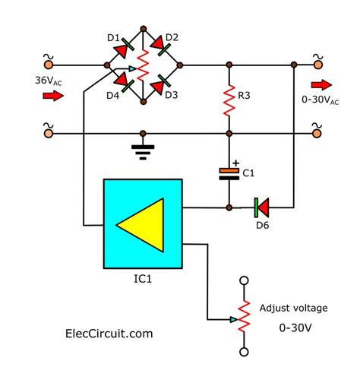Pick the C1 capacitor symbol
tap(229, 173)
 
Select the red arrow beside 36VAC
tap(52, 97)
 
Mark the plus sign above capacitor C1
tap(236, 162)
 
